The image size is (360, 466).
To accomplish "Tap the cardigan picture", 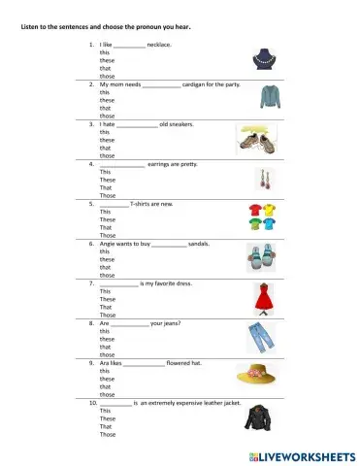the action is coord(270,96).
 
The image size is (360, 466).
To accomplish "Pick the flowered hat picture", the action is coord(256,375).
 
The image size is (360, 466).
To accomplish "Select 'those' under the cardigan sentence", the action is coord(107,116).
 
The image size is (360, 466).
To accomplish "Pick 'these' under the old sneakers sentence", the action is coord(107,140).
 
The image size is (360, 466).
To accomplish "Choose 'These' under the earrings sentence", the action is coord(108,180).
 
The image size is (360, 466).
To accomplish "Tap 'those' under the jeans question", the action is coord(107,354).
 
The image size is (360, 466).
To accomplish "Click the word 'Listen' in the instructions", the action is coord(31,26).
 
